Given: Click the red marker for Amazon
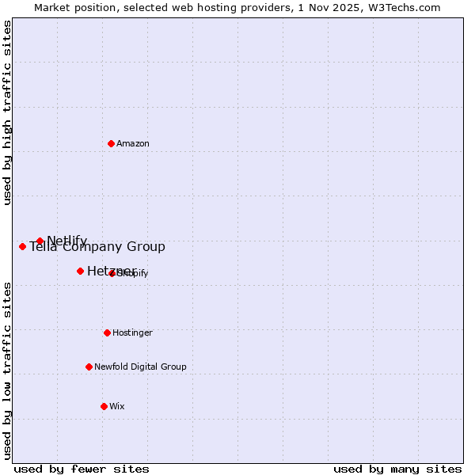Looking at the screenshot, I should tap(111, 143).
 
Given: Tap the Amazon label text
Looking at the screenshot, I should tap(133, 143).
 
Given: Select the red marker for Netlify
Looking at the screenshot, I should tap(40, 241).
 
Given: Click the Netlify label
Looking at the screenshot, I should tap(67, 241).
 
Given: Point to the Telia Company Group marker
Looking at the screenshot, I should tap(22, 246).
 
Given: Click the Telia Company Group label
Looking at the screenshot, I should tap(97, 247).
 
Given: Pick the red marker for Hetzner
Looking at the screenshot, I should tap(80, 271).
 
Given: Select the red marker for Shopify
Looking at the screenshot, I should tap(112, 273).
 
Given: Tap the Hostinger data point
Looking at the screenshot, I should tap(107, 332).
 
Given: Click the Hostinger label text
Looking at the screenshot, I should tap(132, 332).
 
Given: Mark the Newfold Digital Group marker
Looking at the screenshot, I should tap(89, 367).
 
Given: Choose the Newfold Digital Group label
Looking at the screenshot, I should tap(140, 367).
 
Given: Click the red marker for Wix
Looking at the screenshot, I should tap(104, 406).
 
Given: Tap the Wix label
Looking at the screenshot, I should tap(117, 406).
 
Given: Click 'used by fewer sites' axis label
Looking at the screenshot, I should tap(82, 469).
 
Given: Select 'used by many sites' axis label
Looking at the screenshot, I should tap(397, 469).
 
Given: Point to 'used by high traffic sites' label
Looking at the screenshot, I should tap(8, 112).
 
